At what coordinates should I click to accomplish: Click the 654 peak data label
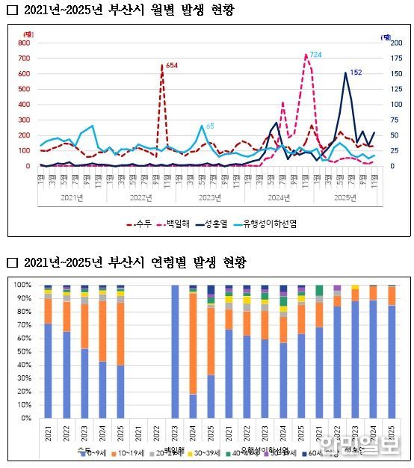(172, 66)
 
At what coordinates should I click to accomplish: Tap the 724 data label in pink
(315, 55)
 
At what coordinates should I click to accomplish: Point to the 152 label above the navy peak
(356, 73)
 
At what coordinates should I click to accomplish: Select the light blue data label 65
(210, 126)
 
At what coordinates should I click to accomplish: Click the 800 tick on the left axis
(24, 43)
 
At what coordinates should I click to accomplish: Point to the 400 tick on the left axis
(24, 105)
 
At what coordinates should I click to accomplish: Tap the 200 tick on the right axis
(384, 43)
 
